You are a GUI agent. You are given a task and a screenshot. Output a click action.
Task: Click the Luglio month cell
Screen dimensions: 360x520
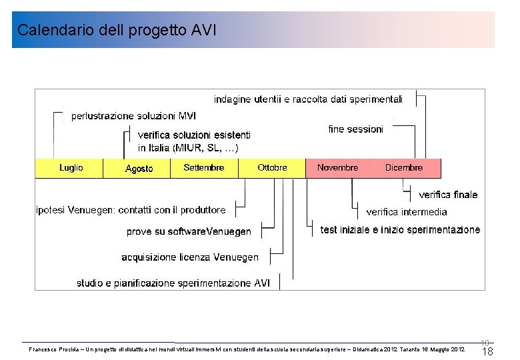pos(71,168)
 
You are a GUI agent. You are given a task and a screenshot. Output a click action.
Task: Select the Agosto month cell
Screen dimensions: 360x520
pos(139,169)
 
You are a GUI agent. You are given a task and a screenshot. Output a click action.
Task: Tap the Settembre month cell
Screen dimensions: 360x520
pos(204,168)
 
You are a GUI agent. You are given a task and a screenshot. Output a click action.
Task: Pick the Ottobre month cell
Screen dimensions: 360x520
pos(272,168)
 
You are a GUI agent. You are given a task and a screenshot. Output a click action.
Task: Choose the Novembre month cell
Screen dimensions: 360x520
pos(337,168)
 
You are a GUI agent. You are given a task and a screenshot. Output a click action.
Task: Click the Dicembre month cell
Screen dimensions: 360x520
pos(404,168)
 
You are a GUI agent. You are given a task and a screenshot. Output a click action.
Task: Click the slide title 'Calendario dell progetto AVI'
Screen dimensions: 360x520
pos(117,30)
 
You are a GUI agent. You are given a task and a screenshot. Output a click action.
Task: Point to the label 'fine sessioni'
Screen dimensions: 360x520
pos(356,129)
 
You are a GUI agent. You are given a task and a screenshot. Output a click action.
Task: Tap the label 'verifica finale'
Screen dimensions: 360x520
pos(448,195)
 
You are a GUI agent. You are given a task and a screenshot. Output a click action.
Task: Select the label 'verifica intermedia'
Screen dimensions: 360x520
pos(407,212)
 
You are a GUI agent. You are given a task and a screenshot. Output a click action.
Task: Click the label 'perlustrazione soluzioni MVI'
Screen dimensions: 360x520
pos(133,116)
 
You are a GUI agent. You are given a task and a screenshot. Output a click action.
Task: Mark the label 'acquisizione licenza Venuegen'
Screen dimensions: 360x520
pos(190,257)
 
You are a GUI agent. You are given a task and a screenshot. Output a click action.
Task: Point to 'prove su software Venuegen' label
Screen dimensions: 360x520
pos(189,231)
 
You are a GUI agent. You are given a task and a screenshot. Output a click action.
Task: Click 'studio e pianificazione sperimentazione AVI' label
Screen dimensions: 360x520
pos(173,283)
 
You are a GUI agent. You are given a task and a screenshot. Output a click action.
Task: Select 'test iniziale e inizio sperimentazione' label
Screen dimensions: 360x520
pos(400,229)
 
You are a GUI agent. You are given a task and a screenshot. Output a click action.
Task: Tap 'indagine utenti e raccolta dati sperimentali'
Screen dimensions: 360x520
pos(308,99)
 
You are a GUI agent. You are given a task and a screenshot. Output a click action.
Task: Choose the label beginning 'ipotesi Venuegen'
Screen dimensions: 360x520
pos(131,210)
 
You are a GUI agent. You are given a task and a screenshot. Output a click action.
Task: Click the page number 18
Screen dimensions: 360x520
pos(487,352)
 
